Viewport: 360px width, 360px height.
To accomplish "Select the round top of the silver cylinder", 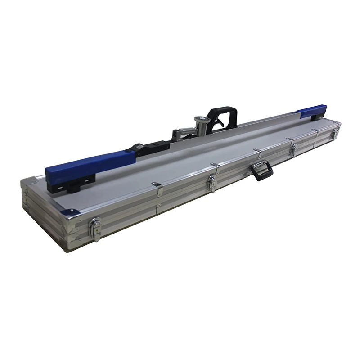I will pos(201,119).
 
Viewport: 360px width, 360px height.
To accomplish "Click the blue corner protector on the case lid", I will pos(68,212).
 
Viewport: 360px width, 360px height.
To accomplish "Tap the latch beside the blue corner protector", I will pos(95,228).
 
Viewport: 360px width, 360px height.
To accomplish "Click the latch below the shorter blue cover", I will pos(334,133).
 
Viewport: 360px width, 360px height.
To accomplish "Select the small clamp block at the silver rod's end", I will pos(176,134).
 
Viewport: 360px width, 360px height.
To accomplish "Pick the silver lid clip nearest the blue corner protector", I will pos(157,188).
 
